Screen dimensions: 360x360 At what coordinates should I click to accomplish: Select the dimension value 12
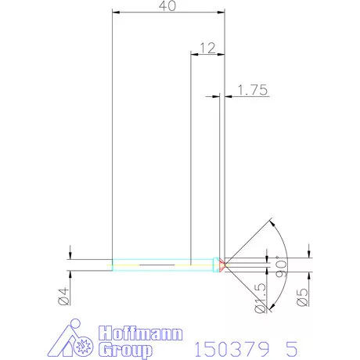(x=207, y=48)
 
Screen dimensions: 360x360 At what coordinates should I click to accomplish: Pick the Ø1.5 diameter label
(x=263, y=298)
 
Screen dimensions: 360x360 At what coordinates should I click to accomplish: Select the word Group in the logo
(x=125, y=349)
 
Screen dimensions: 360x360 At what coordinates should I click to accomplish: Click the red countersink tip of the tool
(x=222, y=265)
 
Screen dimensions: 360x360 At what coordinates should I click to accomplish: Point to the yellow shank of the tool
(x=164, y=265)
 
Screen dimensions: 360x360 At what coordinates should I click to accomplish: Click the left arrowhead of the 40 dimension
(x=115, y=12)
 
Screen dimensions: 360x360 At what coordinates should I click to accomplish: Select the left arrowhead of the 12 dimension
(x=194, y=54)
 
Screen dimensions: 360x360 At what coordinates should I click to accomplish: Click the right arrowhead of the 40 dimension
(x=222, y=12)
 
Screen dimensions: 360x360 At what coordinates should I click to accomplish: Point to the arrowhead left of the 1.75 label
(x=216, y=96)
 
